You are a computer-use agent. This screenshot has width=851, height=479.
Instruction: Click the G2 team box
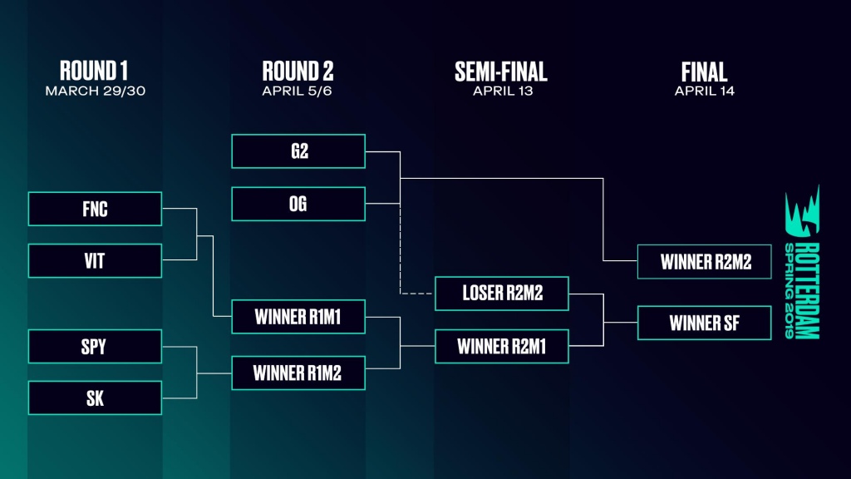(x=298, y=151)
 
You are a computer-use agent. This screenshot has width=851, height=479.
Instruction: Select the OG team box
(x=298, y=204)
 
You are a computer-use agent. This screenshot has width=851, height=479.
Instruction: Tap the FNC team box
(x=95, y=209)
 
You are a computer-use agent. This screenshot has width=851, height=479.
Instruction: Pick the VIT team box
(x=95, y=260)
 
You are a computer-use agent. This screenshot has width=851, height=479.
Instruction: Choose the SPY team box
(x=95, y=346)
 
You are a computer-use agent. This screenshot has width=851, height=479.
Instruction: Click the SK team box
(x=95, y=398)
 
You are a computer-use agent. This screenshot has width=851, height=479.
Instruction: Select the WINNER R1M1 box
(x=298, y=316)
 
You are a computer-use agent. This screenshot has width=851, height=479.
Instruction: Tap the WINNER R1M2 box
(x=298, y=373)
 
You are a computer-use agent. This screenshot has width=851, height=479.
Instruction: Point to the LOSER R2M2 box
(x=502, y=293)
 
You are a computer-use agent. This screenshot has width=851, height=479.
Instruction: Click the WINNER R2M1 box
(x=502, y=346)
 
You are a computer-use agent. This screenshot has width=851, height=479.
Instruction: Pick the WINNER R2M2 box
(x=705, y=261)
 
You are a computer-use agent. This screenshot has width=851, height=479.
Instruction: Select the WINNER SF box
(x=705, y=323)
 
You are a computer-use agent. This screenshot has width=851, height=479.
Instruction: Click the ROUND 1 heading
(x=94, y=72)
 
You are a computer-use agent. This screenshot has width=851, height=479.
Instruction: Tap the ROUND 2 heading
(x=298, y=72)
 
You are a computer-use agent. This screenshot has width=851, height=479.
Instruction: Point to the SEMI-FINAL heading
(x=501, y=72)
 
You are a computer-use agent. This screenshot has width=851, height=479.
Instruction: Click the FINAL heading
(x=704, y=72)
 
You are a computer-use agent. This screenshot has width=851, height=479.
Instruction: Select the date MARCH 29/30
(x=94, y=91)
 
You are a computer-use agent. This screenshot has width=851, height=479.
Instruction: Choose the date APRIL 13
(x=501, y=91)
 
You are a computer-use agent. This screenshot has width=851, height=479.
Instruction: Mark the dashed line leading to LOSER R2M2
(x=401, y=249)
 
